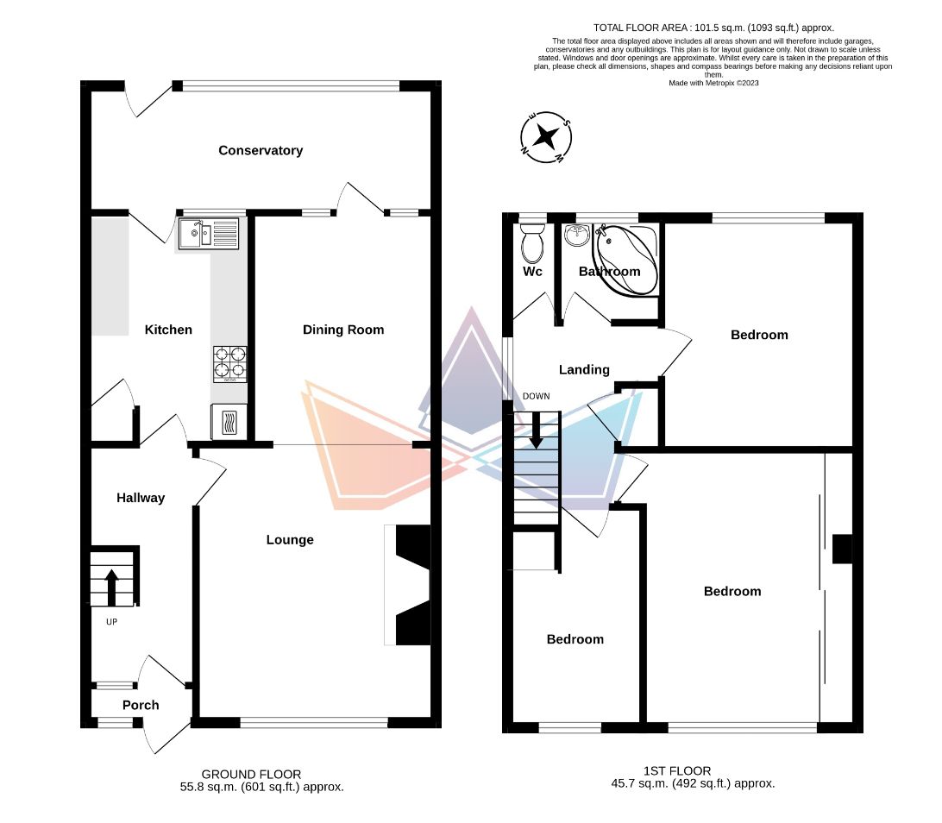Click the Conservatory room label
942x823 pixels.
coord(261,150)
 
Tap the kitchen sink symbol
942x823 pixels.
coord(209,233)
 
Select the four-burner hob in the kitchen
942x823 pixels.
coord(229,364)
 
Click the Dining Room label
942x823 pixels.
coord(343,330)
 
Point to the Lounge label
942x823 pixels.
coord(290,540)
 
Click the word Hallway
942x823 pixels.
coord(141,498)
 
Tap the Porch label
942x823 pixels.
coord(141,705)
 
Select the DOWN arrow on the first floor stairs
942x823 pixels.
coord(536,429)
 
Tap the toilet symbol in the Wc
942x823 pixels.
coord(532,244)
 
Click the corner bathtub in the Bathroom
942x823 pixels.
coord(627,259)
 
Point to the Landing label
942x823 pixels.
coord(584,369)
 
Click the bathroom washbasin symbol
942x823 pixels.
coord(575,234)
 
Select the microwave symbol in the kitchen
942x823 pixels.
coord(229,423)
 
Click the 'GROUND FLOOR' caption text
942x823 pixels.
coord(251,774)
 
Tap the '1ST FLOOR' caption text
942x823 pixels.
coord(677,770)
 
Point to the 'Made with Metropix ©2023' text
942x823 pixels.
coord(713,83)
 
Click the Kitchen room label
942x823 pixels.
coord(168,330)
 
